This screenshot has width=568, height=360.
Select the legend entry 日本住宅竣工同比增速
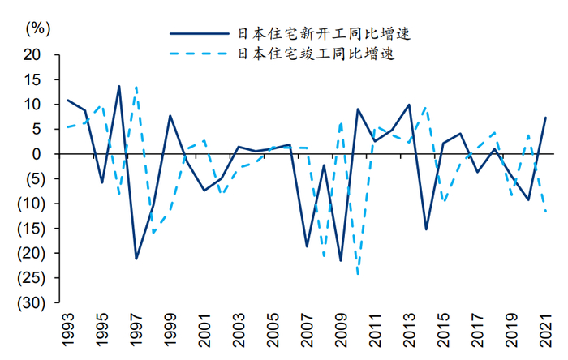(x=323, y=54)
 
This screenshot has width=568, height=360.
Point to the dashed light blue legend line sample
(x=200, y=54)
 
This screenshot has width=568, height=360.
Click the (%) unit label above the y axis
(x=38, y=27)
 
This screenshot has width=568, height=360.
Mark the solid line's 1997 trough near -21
(x=136, y=259)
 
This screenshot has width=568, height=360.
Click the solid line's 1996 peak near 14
(x=119, y=86)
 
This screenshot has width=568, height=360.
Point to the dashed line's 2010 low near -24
(x=358, y=274)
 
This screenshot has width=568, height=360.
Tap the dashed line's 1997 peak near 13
(x=136, y=87)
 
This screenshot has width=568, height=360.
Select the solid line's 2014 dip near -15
(x=426, y=229)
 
